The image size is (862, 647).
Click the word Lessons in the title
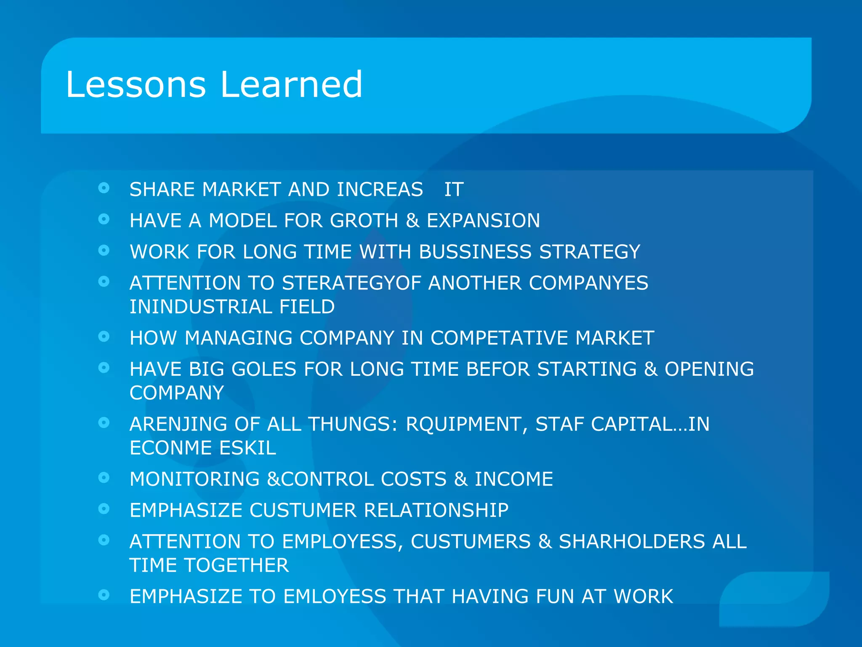tap(136, 85)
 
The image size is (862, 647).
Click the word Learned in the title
tap(291, 85)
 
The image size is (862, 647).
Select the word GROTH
tap(364, 221)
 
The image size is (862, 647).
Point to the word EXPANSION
tap(483, 221)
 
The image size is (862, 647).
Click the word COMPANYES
tap(588, 283)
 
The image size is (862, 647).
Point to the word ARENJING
tap(178, 424)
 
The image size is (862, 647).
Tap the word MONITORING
tap(194, 479)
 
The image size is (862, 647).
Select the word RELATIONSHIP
tap(436, 511)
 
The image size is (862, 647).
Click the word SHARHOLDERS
tap(631, 542)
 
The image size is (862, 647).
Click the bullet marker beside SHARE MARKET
tap(104, 188)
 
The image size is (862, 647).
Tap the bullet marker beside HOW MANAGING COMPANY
tap(104, 336)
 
